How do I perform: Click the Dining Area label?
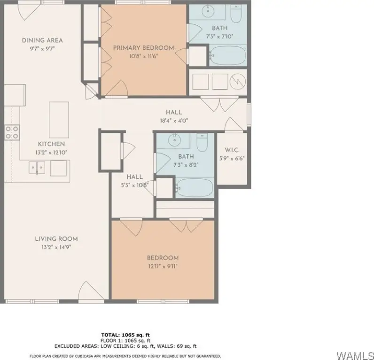[42, 40]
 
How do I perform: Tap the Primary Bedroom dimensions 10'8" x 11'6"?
[143, 56]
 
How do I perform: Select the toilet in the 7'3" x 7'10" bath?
[236, 14]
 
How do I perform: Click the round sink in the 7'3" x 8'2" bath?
[174, 140]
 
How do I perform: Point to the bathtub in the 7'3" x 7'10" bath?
[228, 55]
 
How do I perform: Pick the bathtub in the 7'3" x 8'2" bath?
[195, 187]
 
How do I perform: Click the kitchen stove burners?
[12, 132]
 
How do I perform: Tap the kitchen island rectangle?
[59, 120]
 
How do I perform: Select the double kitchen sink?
[37, 168]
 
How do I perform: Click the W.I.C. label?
[232, 150]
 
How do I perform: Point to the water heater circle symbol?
[238, 82]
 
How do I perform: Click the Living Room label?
[56, 239]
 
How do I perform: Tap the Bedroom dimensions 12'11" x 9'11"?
[163, 266]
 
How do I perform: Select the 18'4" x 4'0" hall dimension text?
[174, 121]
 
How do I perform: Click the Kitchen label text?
[51, 144]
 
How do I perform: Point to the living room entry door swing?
[91, 291]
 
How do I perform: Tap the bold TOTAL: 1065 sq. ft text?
[125, 335]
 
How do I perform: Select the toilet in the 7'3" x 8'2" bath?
[202, 143]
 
